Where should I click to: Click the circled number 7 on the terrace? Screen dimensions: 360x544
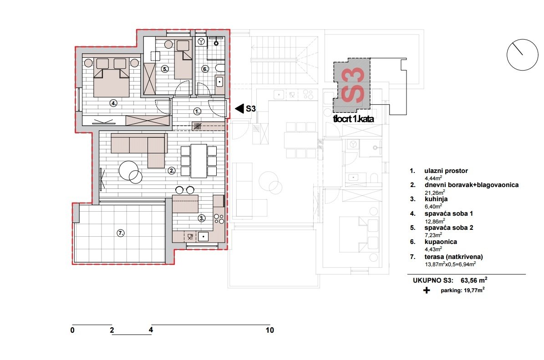point(121,233)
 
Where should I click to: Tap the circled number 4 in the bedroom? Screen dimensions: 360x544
point(114,103)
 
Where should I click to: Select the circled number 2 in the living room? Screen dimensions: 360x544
point(172,171)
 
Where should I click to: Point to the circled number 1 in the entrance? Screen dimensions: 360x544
point(197,111)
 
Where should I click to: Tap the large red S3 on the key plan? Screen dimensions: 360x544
point(353,85)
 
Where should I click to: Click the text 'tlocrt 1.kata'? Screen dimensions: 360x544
point(354,119)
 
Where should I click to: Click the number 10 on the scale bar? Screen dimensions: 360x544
point(270,330)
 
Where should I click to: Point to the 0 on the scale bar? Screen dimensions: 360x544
point(72,330)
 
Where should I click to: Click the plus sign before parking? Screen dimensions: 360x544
point(427,290)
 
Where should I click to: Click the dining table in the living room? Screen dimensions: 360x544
point(198,161)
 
